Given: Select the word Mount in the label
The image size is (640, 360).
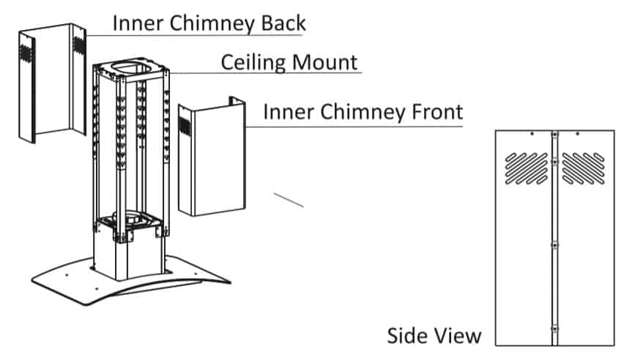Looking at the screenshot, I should tap(327, 61).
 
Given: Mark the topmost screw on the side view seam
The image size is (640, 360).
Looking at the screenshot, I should tap(554, 135).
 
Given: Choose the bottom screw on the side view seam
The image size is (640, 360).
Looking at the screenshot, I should tap(554, 327).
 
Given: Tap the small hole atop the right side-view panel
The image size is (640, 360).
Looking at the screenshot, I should tap(578, 134).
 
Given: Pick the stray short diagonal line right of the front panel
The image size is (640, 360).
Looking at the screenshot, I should tap(288, 199).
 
